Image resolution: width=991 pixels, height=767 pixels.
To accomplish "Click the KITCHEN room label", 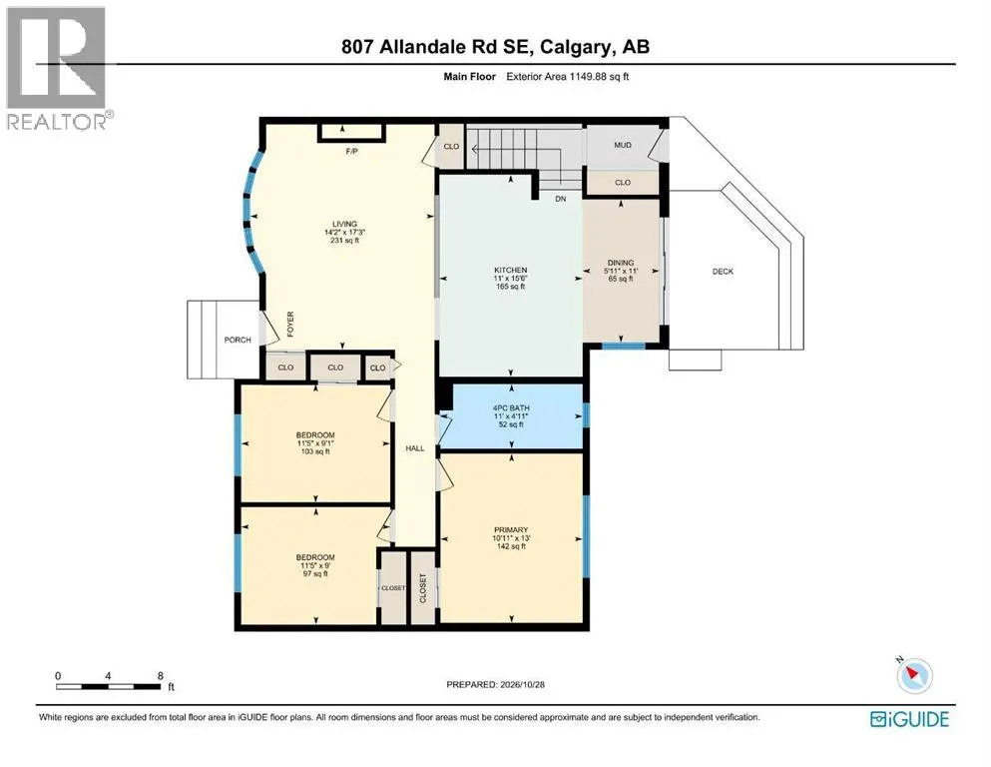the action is [x=511, y=270].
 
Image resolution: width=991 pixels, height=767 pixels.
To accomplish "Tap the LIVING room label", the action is [x=345, y=224].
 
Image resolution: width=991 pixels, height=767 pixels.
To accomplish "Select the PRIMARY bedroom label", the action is [x=511, y=530].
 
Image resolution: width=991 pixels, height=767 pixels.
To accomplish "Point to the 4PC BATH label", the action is [x=511, y=408].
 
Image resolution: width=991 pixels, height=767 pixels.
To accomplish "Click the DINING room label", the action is [x=621, y=263].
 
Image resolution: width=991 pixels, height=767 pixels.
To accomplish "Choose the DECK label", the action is [x=723, y=272].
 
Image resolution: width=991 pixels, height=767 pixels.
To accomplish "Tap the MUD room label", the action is [x=623, y=145].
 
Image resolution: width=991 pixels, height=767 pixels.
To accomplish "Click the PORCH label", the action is [x=238, y=340].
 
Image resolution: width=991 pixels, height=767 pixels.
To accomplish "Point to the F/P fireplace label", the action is [x=352, y=151].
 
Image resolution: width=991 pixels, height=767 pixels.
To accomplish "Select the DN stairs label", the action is [x=561, y=199].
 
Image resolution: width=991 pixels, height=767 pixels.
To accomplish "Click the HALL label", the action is [x=415, y=448].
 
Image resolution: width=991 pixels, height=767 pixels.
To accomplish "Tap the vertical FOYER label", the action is [x=290, y=324].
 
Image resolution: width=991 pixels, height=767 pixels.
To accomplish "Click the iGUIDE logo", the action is [x=909, y=720].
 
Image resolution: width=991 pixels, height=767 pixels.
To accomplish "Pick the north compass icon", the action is [x=914, y=675].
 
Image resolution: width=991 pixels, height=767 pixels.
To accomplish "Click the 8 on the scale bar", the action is [x=161, y=675].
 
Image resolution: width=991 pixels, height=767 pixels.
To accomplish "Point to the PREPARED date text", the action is [x=495, y=684].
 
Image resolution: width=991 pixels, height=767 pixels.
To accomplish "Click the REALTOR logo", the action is [x=59, y=69].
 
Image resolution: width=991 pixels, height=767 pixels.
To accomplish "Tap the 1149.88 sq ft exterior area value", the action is [x=599, y=77].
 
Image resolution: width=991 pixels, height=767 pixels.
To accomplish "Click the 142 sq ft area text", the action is [x=511, y=546].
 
